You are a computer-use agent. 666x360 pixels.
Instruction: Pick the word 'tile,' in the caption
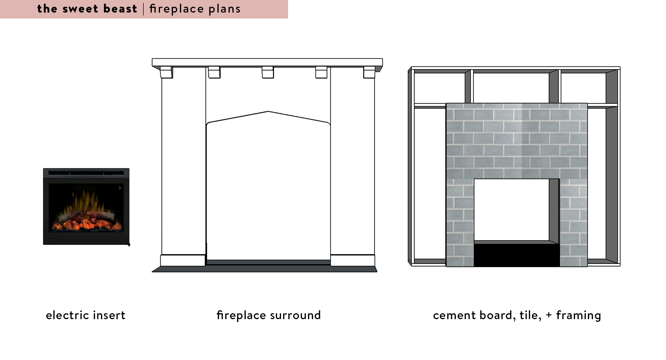tap(530, 315)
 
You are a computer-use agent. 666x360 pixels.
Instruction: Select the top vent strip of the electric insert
tap(86, 173)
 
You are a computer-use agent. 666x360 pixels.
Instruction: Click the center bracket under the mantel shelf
tap(268, 72)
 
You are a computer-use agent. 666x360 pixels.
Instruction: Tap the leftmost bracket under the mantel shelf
tap(166, 72)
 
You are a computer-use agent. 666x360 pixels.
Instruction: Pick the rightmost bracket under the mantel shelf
tap(369, 72)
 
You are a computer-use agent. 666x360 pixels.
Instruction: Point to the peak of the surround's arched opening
tap(268, 111)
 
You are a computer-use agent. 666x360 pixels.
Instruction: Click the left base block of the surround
tap(183, 260)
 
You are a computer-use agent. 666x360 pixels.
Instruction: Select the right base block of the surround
tap(352, 260)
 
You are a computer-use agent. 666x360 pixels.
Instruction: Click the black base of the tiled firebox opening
tap(516, 255)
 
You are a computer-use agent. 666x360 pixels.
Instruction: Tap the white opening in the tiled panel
tap(511, 210)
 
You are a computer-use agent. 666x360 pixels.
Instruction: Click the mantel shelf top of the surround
tap(267, 62)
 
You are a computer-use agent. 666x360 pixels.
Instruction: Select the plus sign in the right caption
tap(549, 315)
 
